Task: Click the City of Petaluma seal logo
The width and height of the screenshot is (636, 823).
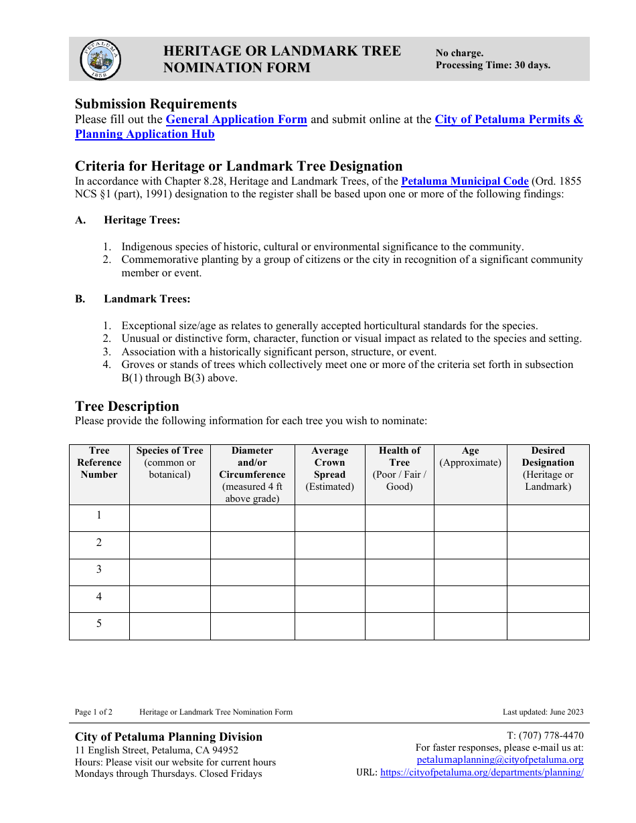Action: coord(100,60)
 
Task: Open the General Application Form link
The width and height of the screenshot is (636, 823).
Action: coord(236,120)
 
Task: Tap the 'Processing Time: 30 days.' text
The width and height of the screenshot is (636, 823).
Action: coord(493,65)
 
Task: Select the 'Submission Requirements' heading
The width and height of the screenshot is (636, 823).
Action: coord(156,104)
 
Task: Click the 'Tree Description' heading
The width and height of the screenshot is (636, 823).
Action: coord(127,406)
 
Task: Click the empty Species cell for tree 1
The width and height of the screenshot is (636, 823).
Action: coord(169,518)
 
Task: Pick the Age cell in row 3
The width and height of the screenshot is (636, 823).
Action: coord(470,572)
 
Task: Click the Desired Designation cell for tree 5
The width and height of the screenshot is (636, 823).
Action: coord(548,626)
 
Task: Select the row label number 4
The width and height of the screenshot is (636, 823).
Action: coord(99,596)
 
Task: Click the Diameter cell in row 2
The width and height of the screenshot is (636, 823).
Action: coord(252,545)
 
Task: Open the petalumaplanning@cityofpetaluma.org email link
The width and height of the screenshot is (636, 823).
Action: coord(499,760)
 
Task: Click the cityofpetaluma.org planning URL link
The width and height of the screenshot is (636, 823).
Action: coord(481,772)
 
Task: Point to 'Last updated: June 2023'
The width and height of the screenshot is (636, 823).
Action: coord(543,712)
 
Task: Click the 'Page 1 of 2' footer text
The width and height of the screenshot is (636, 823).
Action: coord(94,712)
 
